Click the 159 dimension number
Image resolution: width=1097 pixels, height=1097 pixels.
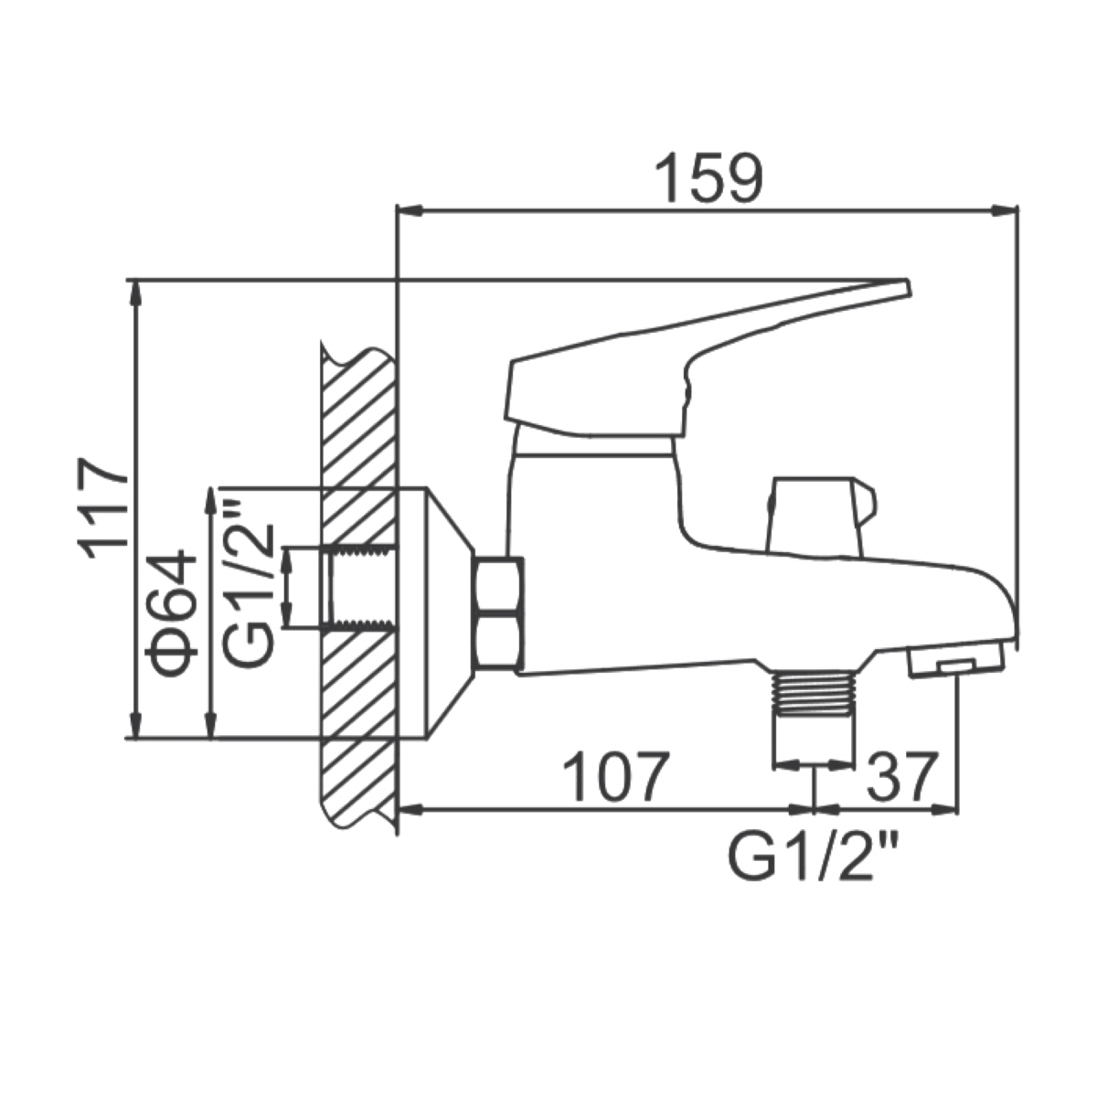coord(708,177)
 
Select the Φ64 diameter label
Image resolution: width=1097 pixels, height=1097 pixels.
coord(170,613)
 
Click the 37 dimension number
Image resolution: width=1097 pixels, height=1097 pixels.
coord(901,775)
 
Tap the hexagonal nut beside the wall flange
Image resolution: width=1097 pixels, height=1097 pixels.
coord(499,612)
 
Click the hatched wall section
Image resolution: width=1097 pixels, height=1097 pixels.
coord(358,586)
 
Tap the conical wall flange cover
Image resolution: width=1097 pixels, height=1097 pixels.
coord(451,613)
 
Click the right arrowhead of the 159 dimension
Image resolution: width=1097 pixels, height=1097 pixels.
coord(1004,210)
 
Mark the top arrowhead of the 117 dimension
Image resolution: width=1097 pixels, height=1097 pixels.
coord(135,293)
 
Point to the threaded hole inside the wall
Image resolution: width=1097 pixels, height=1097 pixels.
coord(362,587)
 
